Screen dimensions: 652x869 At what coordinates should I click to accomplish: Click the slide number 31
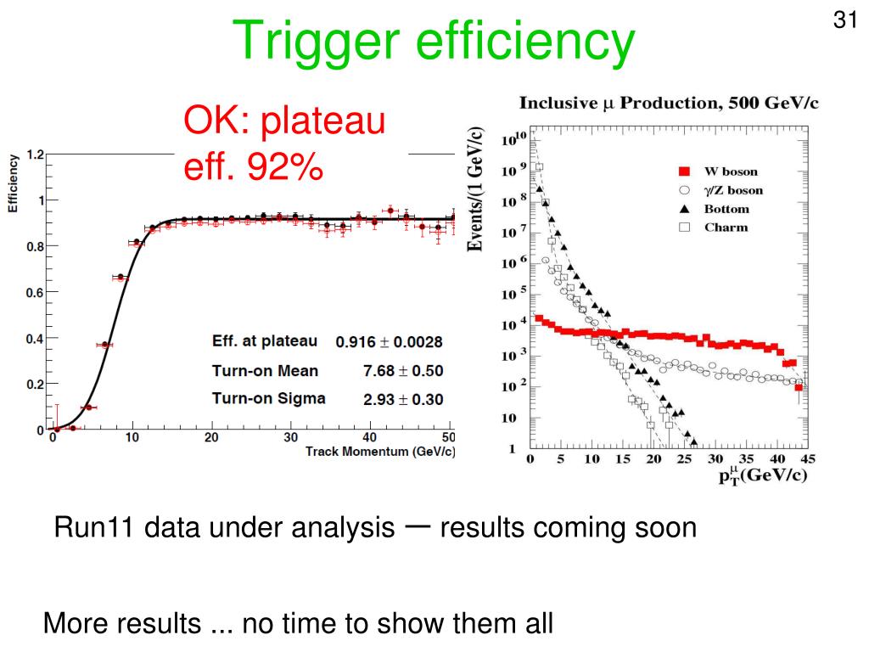pyautogui.click(x=844, y=20)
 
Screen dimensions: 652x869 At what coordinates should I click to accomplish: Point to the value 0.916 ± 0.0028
pyautogui.click(x=389, y=342)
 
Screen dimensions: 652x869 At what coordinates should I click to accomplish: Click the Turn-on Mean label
pyautogui.click(x=265, y=370)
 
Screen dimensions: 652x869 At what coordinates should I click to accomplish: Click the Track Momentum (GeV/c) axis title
pyautogui.click(x=380, y=451)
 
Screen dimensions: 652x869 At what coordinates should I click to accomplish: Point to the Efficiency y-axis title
pyautogui.click(x=14, y=183)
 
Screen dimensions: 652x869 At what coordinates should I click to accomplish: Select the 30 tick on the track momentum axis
pyautogui.click(x=290, y=438)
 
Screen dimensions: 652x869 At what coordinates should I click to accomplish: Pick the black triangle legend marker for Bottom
pyautogui.click(x=684, y=209)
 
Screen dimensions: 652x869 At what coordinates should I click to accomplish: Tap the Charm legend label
pyautogui.click(x=726, y=228)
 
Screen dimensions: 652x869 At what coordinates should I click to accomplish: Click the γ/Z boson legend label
pyautogui.click(x=733, y=190)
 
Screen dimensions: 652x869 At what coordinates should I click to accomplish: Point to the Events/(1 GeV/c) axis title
pyautogui.click(x=478, y=189)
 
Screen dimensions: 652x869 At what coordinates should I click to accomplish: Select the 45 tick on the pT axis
pyautogui.click(x=807, y=460)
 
